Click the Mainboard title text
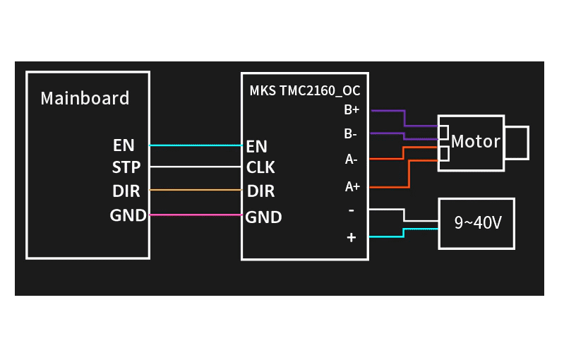point(85,98)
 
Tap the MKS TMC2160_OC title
point(304,90)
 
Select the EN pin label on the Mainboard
point(124,145)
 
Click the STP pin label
point(126,167)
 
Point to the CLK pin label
point(260,168)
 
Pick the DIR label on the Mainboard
point(126,191)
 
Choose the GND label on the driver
point(263,217)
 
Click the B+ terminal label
point(352,110)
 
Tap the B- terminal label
point(350,133)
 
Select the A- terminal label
point(351,160)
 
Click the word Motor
point(475,141)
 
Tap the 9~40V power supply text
point(478,223)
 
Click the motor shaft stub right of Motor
point(517,142)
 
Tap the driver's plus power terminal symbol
point(352,238)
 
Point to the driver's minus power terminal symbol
point(352,210)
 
